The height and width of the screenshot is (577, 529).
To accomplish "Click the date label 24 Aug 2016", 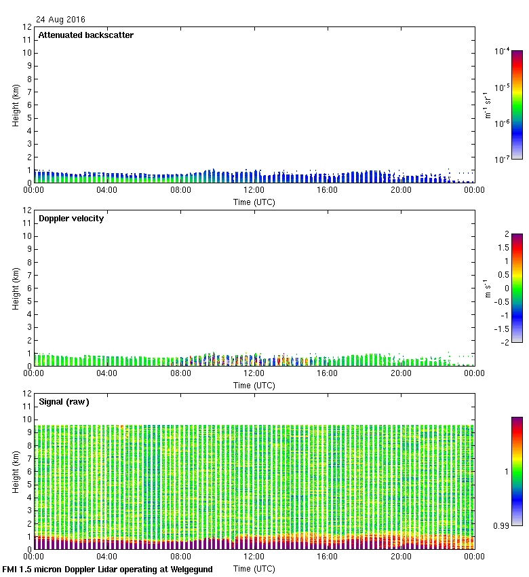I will pyautogui.click(x=61, y=20).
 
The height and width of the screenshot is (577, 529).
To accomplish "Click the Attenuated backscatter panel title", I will pyautogui.click(x=86, y=35).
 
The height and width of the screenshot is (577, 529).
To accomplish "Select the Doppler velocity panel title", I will pyautogui.click(x=71, y=219).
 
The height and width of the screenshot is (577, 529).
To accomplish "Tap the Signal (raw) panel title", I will pyautogui.click(x=64, y=402).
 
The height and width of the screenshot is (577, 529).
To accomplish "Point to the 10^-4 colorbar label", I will pyautogui.click(x=502, y=51).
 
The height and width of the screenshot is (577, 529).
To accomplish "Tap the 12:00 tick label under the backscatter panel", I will pyautogui.click(x=254, y=191).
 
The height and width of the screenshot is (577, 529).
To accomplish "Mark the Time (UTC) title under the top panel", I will pyautogui.click(x=254, y=202).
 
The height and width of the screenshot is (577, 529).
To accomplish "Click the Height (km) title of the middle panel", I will pyautogui.click(x=16, y=288).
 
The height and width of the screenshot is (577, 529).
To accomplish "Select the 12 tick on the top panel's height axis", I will pyautogui.click(x=28, y=27).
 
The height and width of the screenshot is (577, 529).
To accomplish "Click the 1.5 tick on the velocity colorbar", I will pyautogui.click(x=503, y=248).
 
